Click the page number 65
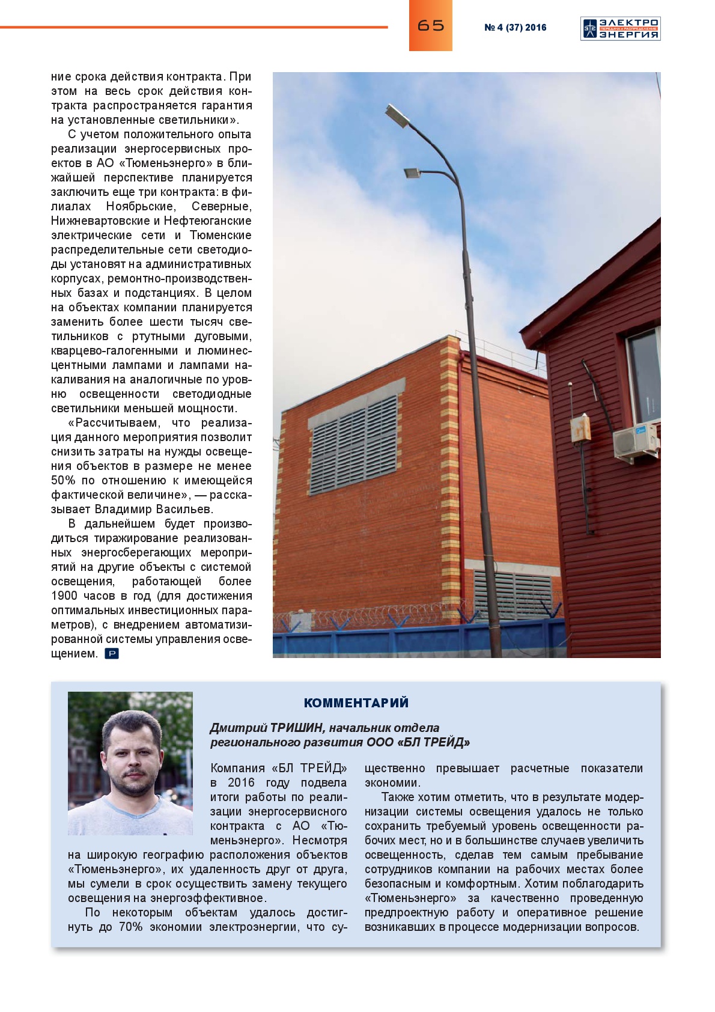pyautogui.click(x=430, y=25)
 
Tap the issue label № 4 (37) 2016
pyautogui.click(x=515, y=28)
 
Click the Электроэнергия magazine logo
pyautogui.click(x=620, y=29)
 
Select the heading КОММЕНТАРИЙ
pyautogui.click(x=356, y=703)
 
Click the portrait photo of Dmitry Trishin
pyautogui.click(x=130, y=763)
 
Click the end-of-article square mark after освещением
pyautogui.click(x=112, y=654)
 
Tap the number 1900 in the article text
pyautogui.click(x=64, y=596)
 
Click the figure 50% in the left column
pyautogui.click(x=63, y=481)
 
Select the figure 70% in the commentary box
pyautogui.click(x=130, y=927)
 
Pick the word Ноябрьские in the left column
pyautogui.click(x=141, y=207)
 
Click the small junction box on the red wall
pyautogui.click(x=580, y=428)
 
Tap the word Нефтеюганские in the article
pyautogui.click(x=207, y=221)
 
